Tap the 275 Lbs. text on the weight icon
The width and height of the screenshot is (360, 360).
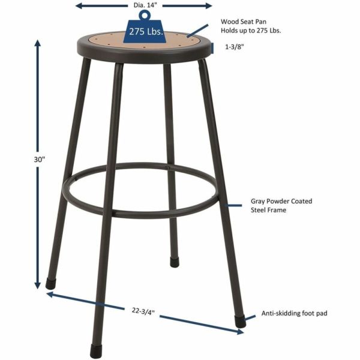click(146, 32)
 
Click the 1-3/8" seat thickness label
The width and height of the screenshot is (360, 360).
click(234, 46)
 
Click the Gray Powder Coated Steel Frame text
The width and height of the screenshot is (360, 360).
click(272, 205)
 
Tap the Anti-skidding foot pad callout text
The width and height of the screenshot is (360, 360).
click(294, 313)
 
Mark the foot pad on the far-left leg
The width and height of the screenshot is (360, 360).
click(50, 283)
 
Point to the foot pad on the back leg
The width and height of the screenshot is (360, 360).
click(174, 262)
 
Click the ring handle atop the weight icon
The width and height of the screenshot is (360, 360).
click(143, 15)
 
